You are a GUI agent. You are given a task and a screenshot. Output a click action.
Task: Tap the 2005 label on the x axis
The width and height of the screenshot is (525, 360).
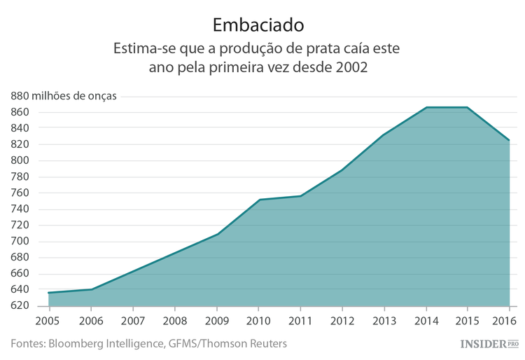(x=48, y=320)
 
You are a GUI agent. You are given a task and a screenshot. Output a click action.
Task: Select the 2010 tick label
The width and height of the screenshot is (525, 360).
(x=258, y=320)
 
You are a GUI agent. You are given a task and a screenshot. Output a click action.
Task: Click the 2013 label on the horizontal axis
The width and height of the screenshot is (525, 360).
(x=384, y=320)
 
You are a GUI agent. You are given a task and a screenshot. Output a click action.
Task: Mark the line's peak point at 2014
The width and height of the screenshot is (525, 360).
(x=426, y=107)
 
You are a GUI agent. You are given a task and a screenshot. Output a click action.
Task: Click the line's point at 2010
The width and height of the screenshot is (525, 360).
(x=259, y=200)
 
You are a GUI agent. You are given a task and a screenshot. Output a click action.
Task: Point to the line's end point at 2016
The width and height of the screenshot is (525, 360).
(x=509, y=140)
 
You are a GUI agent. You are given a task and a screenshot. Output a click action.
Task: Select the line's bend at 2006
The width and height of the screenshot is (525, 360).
(x=91, y=289)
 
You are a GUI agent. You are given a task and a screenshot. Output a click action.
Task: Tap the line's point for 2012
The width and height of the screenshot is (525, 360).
(x=342, y=170)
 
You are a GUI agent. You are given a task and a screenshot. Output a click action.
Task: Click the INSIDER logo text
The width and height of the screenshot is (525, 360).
(x=484, y=344)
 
